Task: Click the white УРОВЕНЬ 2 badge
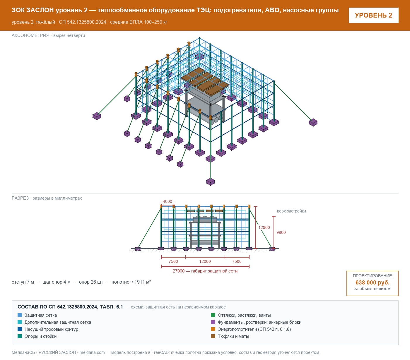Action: point(373,16)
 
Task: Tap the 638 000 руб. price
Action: point(372,282)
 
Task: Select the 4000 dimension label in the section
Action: point(167,201)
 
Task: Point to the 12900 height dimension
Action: point(264,227)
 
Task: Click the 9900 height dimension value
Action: point(281,232)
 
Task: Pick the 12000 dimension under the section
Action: point(205,261)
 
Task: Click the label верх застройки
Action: point(291,211)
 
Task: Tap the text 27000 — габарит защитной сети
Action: point(205,271)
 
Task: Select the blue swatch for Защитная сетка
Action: point(20,315)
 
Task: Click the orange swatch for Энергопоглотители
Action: point(213,329)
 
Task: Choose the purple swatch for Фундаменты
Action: point(213,322)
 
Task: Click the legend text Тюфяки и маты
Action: point(233,336)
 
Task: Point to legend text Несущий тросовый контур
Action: point(51,329)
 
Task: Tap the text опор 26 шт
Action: point(91,282)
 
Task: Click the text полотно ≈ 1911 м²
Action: point(131,282)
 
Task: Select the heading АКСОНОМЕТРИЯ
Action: point(30,35)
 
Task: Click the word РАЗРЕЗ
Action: point(20,198)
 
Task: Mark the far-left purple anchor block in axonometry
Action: point(97,116)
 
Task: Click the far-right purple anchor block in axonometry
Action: point(313,122)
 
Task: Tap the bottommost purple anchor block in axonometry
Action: point(210,182)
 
